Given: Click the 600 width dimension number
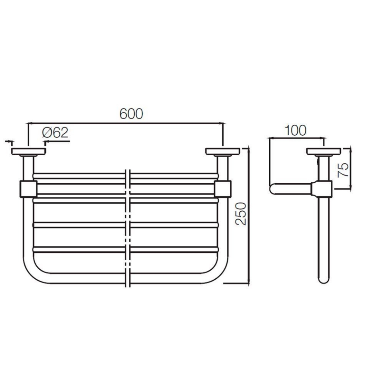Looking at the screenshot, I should (x=131, y=114).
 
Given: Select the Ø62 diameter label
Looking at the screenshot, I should (x=55, y=132).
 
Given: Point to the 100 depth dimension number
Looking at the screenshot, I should (x=295, y=131).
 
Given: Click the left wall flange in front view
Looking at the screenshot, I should (x=29, y=151).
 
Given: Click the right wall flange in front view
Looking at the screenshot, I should (x=222, y=151).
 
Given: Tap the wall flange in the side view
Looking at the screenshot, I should (x=324, y=152).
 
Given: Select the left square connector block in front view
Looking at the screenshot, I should (x=28, y=189).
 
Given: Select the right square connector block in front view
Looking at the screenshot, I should (x=223, y=189).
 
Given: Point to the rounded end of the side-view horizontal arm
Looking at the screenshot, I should (x=273, y=189).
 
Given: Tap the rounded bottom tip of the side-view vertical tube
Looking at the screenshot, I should (x=324, y=280).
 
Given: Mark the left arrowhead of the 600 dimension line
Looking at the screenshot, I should (x=29, y=124).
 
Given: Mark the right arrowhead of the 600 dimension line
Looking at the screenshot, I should (x=222, y=124).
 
